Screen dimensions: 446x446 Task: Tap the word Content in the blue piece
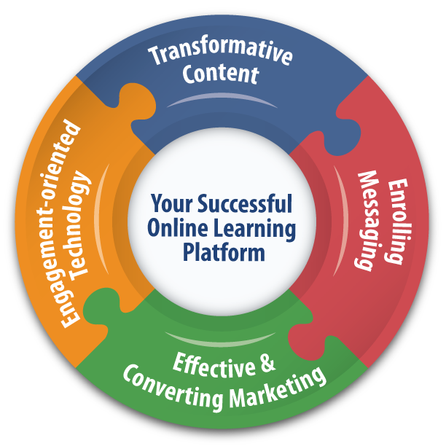(x=221, y=74)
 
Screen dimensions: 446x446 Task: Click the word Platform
(x=223, y=253)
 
